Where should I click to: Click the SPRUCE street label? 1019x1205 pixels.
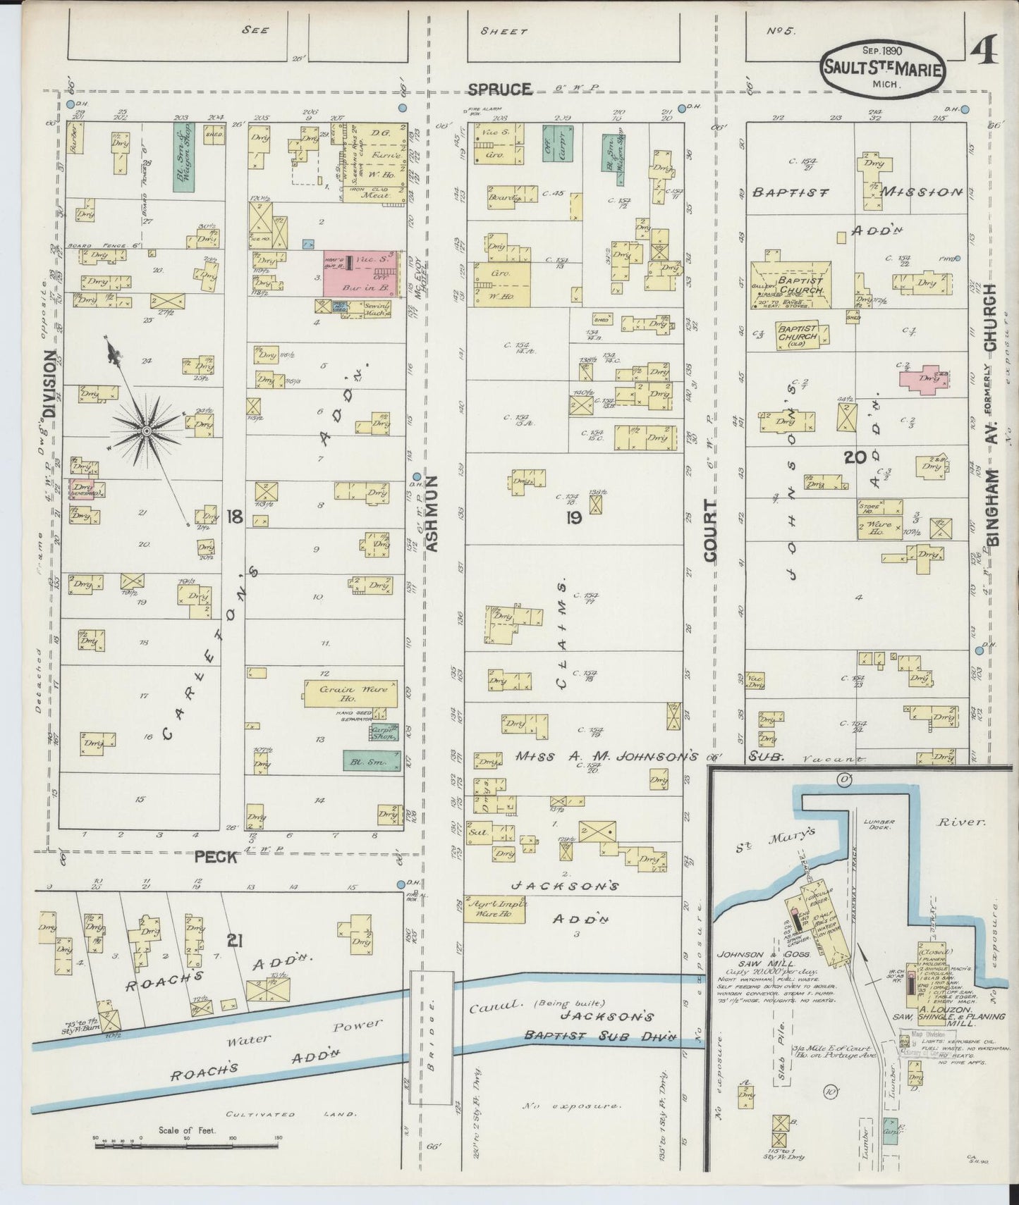499,89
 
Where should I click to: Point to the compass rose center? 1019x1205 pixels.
146,430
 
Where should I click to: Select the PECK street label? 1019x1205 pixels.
215,857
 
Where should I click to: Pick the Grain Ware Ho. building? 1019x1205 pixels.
350,693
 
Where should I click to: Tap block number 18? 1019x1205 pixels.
235,518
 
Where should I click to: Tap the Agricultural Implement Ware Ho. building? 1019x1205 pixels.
500,911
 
